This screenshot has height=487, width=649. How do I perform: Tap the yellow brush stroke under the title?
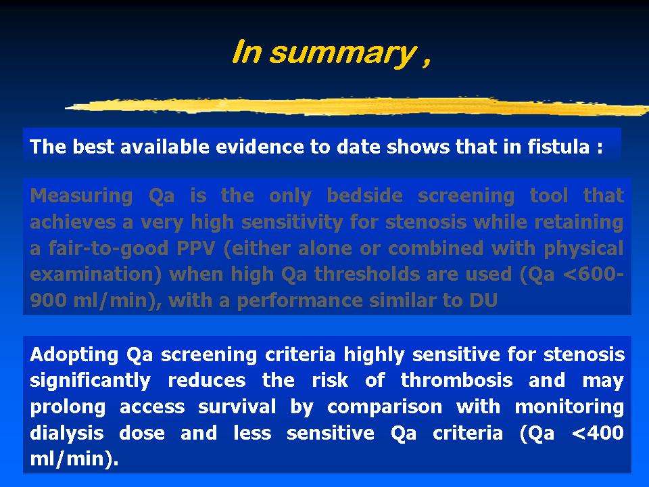tap(357, 106)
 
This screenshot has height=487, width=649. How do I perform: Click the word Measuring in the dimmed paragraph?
tap(81, 196)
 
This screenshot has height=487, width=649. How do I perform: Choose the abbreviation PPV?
tap(196, 248)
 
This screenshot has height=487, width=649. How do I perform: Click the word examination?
tap(95, 274)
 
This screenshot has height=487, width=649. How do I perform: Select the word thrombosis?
tap(456, 380)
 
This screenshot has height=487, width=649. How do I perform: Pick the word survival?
tap(237, 407)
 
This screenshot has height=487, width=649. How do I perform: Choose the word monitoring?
tap(569, 407)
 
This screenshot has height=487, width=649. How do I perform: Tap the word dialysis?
tap(67, 434)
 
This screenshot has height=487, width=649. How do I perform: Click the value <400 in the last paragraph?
tap(598, 433)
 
